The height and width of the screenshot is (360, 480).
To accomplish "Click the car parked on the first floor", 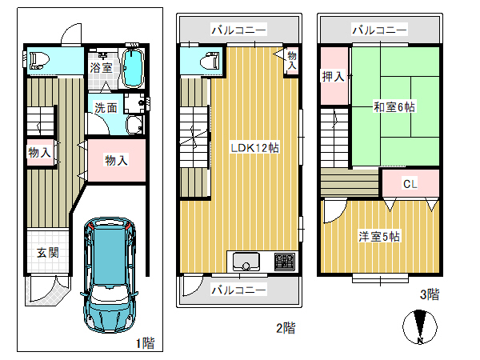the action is (110, 274).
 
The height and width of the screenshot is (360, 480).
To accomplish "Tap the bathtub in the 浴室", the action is (133, 68).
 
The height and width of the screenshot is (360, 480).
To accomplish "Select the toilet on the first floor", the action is (39, 61).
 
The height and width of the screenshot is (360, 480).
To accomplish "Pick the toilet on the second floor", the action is (210, 61).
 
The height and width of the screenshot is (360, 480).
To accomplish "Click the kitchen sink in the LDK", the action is (246, 262).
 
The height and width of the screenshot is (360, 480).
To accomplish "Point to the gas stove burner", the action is (285, 262).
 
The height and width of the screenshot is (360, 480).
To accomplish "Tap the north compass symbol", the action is (420, 327).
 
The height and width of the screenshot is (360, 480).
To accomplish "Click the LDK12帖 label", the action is (254, 148).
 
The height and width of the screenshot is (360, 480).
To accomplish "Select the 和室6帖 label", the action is (394, 107).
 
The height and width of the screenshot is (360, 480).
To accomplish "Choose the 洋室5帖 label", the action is (379, 237).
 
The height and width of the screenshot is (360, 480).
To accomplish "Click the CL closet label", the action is (410, 184).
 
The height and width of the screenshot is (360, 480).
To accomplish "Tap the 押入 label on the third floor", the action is (333, 76).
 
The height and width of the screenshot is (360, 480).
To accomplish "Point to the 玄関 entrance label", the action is (48, 253).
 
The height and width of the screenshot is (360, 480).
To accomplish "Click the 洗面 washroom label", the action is (106, 108).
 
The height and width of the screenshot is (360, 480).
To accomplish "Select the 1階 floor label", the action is (146, 343).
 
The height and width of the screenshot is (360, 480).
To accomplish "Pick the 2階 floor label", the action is (286, 328).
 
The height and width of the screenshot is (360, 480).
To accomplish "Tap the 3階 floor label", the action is (430, 294).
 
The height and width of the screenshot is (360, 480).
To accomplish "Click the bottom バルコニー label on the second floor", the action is (239, 290).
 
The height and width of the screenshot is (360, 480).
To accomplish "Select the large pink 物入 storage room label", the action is (116, 161).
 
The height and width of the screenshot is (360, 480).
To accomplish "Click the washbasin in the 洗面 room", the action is (134, 125).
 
